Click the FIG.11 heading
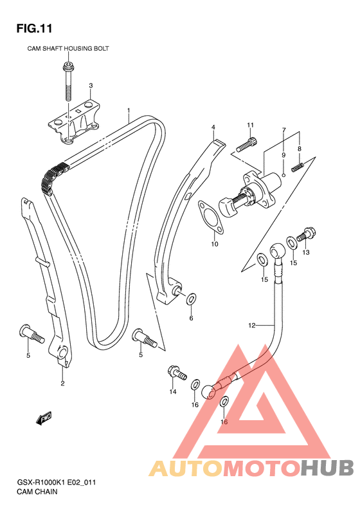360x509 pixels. pyautogui.click(x=34, y=28)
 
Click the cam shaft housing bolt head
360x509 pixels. pyautogui.click(x=67, y=67)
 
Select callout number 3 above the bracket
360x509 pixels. pyautogui.click(x=91, y=86)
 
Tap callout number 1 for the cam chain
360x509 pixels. pyautogui.click(x=129, y=111)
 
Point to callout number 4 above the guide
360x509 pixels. pyautogui.click(x=213, y=127)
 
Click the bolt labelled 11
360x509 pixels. pyautogui.click(x=246, y=145)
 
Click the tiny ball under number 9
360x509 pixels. pyautogui.click(x=283, y=175)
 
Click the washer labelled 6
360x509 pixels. pyautogui.click(x=192, y=299)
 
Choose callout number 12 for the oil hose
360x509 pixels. pyautogui.click(x=251, y=325)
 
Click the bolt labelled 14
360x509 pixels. pyautogui.click(x=177, y=373)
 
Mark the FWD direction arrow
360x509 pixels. pyautogui.click(x=44, y=418)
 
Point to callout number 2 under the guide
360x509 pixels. pyautogui.click(x=62, y=384)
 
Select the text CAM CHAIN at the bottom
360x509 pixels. pyautogui.click(x=37, y=492)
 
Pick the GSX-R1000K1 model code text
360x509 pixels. pyautogui.click(x=41, y=483)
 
